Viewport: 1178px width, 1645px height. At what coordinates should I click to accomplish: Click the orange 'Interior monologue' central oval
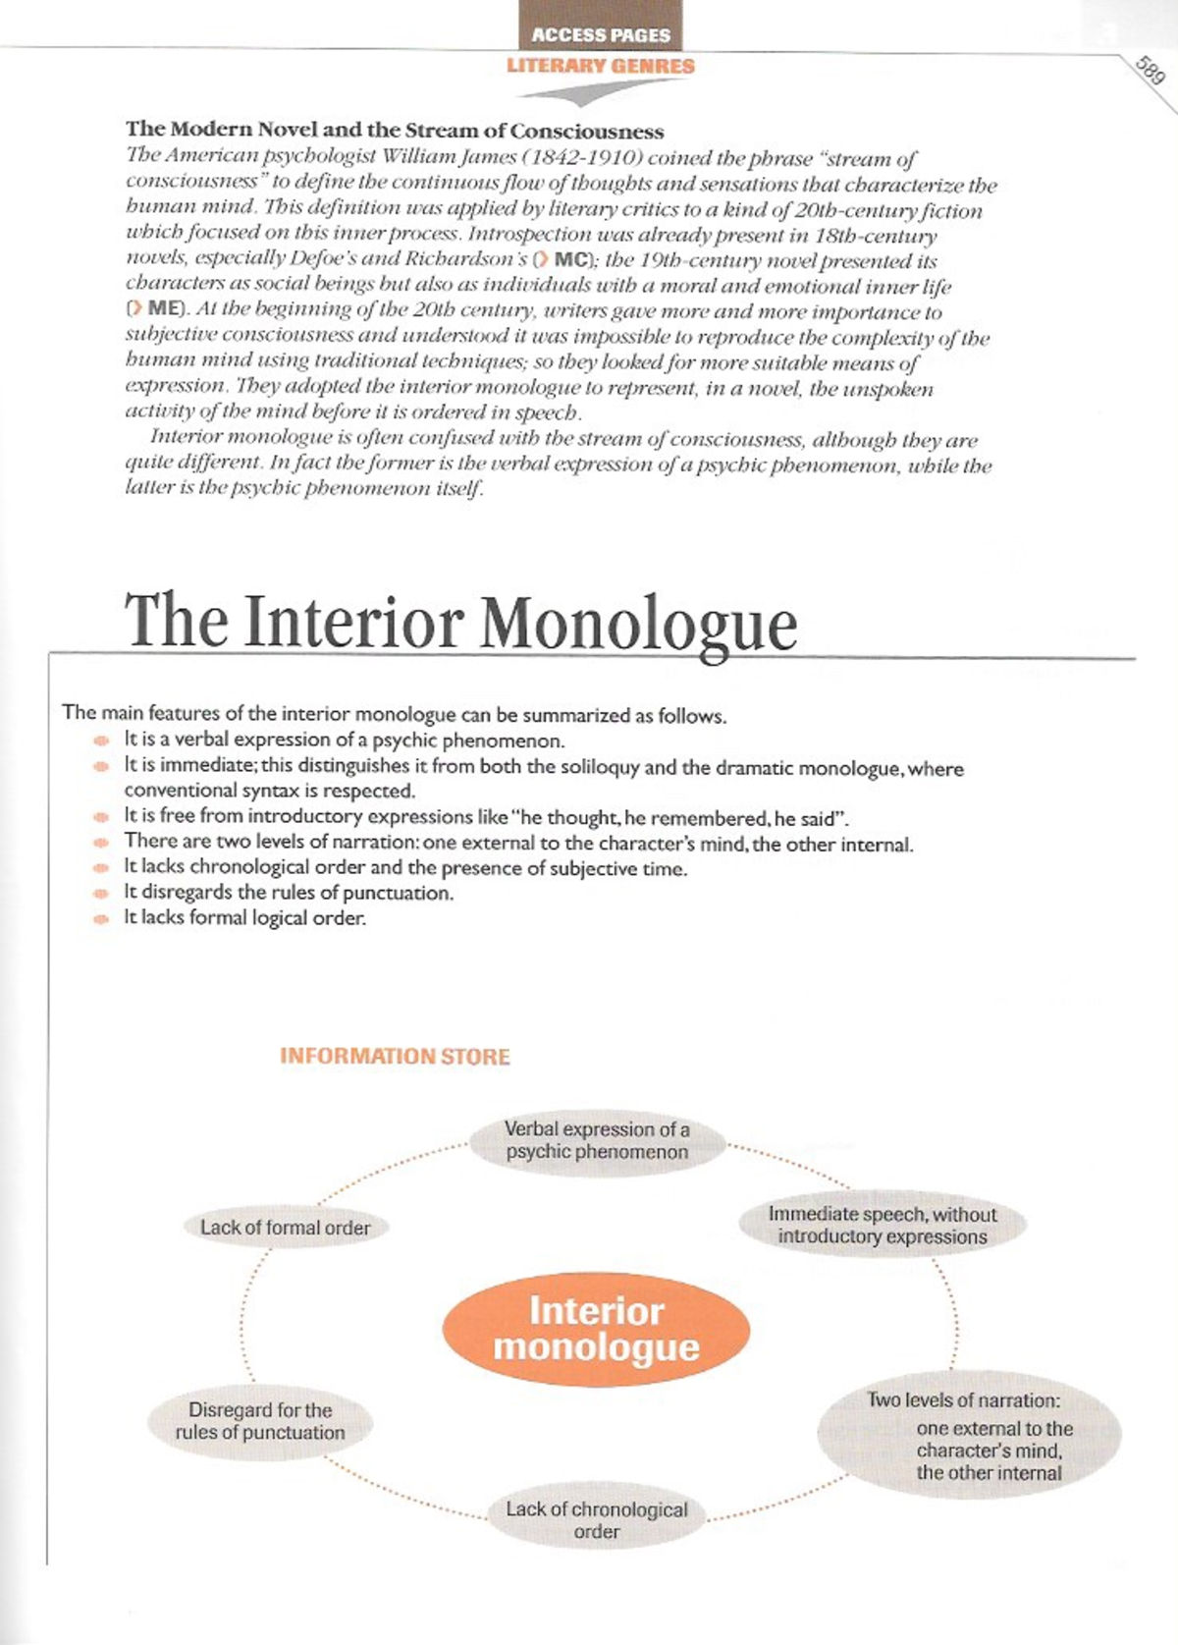[x=596, y=1330]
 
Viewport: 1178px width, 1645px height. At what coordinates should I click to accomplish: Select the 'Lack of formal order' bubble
[x=286, y=1228]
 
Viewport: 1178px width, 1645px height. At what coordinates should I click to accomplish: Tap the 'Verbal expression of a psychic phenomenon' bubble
[x=597, y=1141]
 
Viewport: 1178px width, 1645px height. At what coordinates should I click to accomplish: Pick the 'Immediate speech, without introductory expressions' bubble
[x=882, y=1226]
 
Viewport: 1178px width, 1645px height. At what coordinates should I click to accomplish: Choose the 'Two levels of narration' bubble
[x=968, y=1435]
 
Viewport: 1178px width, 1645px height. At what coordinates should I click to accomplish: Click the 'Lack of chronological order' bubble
[x=596, y=1519]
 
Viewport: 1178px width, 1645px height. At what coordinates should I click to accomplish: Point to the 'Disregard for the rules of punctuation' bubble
[x=260, y=1421]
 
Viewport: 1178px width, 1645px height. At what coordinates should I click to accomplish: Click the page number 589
[x=1150, y=71]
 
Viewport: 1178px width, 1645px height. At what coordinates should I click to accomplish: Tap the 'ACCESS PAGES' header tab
[x=601, y=34]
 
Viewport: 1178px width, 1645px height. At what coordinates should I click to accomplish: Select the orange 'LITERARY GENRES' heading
[x=601, y=66]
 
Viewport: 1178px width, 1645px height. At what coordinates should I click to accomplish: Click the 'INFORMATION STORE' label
[x=395, y=1057]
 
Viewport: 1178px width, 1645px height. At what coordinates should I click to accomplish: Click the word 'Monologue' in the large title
[x=638, y=623]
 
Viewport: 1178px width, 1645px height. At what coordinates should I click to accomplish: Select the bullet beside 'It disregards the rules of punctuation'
[x=100, y=894]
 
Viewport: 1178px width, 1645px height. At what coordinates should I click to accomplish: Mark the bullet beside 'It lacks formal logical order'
[x=100, y=919]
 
